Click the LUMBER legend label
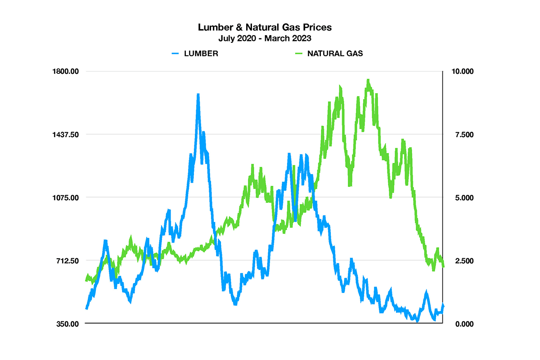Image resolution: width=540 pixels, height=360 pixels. [201, 54]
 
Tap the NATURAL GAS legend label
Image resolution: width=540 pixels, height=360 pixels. [335, 54]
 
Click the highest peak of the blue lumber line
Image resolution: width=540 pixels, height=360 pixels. [198, 95]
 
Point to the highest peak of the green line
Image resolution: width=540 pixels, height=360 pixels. [368, 81]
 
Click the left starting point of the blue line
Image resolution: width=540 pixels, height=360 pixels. [86, 308]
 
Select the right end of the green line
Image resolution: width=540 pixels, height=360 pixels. [444, 266]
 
